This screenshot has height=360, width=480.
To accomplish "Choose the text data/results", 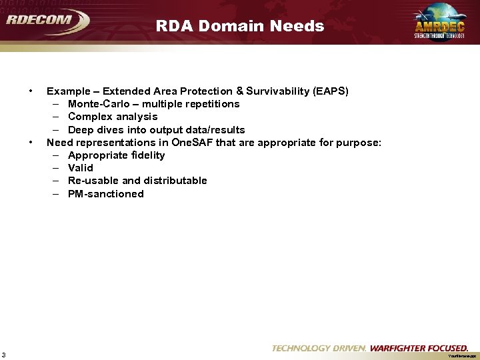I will click(x=211, y=130).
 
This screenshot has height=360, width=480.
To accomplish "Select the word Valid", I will click(x=81, y=168).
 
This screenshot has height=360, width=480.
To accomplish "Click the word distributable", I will click(x=175, y=181).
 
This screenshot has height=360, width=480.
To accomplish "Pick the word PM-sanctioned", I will click(x=106, y=194).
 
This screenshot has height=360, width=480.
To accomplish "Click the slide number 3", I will click(x=4, y=354).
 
